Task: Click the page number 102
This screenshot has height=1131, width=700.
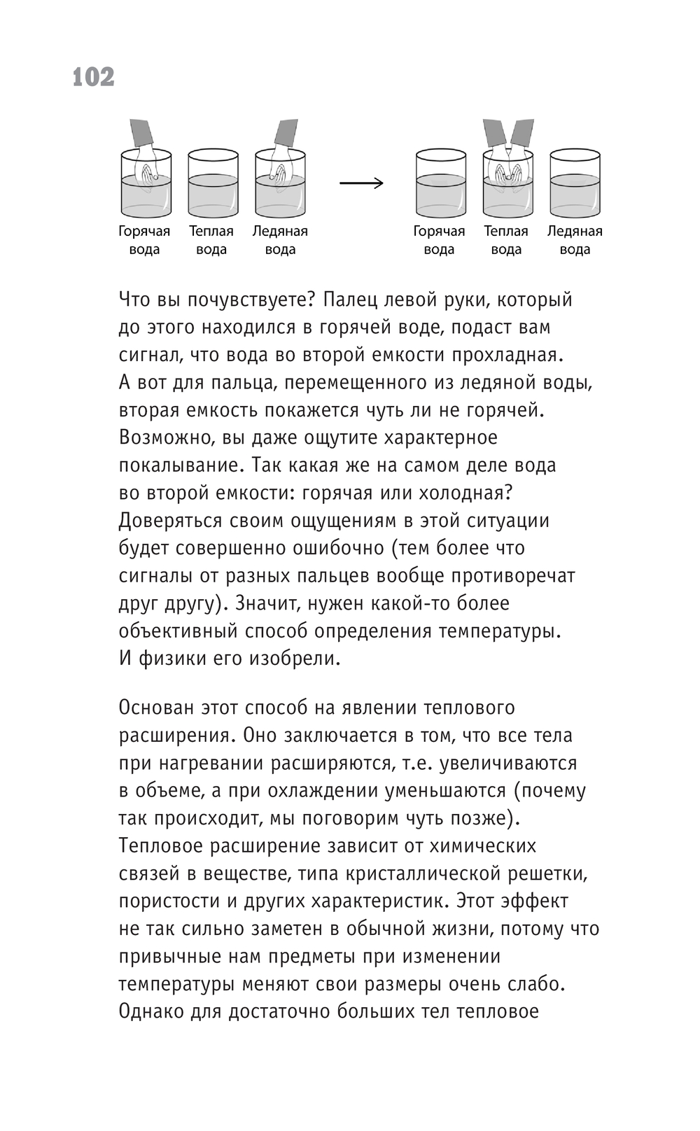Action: click(93, 77)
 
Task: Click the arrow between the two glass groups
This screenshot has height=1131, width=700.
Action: click(361, 183)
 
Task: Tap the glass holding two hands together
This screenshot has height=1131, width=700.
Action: click(507, 183)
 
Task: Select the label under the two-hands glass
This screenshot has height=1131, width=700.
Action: click(506, 240)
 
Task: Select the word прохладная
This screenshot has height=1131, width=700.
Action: click(507, 355)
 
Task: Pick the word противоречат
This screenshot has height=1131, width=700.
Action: click(517, 576)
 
